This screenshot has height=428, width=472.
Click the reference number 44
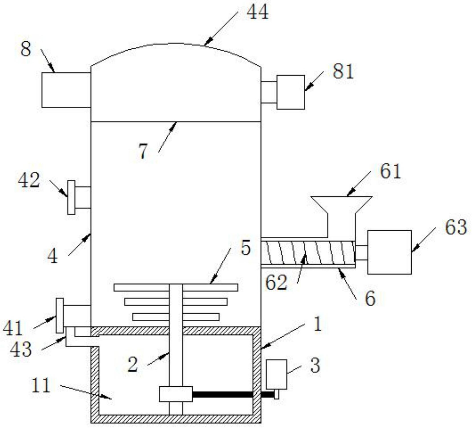[x=257, y=13]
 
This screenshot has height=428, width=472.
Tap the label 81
[x=343, y=71]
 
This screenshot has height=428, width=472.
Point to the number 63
[x=456, y=227]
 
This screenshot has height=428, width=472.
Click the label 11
[x=41, y=385]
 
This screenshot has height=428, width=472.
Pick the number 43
[x=21, y=349]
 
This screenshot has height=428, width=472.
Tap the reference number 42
[x=29, y=180]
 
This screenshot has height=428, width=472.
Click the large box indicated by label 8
[x=66, y=90]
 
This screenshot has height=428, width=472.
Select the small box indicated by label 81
[x=291, y=92]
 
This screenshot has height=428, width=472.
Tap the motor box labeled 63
[x=389, y=252]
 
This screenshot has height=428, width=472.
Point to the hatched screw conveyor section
[x=308, y=253]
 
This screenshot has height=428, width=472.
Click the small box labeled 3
[x=276, y=374]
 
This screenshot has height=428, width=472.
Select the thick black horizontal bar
[x=222, y=394]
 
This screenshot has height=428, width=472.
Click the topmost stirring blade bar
[x=176, y=287]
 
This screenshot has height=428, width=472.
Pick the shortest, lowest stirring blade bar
[x=176, y=317]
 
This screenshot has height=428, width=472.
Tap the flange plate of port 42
[x=71, y=197]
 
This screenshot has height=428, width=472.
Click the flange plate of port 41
[x=60, y=315]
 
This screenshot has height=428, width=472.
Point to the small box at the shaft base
[x=176, y=394]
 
